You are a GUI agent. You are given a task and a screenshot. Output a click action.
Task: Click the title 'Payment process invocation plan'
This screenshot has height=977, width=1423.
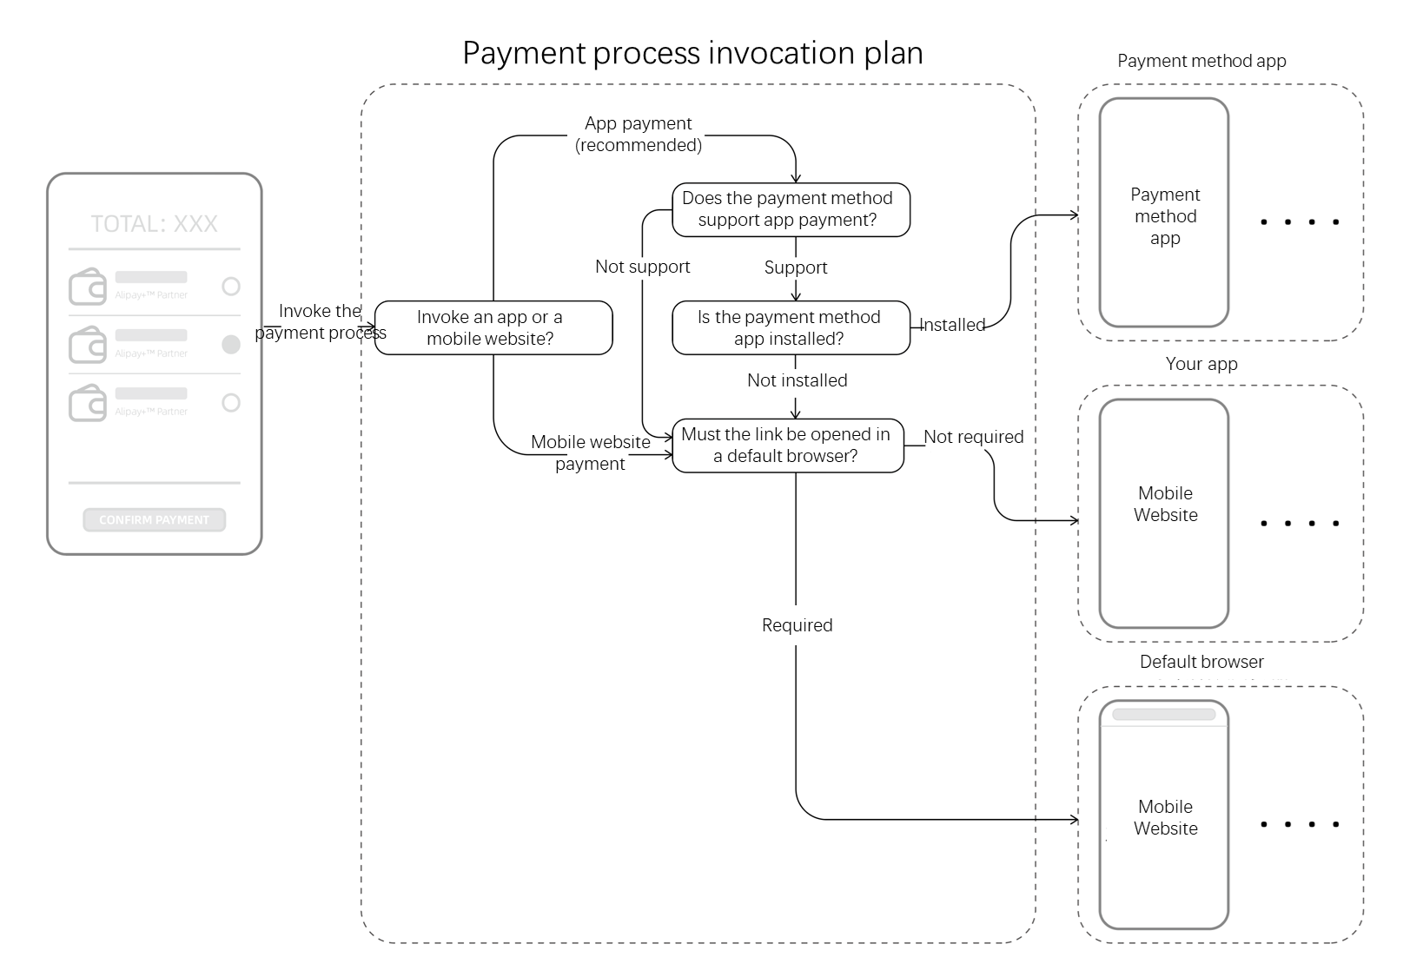tap(692, 53)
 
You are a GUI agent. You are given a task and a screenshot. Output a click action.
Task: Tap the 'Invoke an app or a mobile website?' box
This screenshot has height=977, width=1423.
tap(493, 328)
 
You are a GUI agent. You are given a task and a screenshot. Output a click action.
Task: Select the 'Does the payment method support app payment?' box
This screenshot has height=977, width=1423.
tap(790, 209)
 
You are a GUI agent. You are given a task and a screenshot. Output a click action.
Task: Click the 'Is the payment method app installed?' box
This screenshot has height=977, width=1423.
tap(790, 328)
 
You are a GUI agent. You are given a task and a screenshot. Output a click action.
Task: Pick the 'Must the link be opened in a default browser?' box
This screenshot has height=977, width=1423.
tap(787, 446)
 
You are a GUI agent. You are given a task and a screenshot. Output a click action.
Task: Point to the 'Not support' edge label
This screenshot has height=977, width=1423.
tap(642, 267)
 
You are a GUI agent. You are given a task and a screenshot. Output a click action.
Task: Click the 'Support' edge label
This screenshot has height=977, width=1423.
tap(795, 267)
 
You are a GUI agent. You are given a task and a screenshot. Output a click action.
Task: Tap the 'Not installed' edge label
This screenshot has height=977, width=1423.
tap(797, 380)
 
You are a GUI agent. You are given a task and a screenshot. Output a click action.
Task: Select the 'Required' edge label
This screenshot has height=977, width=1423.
tap(797, 625)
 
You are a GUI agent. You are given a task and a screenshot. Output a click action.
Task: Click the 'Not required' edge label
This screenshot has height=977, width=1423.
tap(973, 437)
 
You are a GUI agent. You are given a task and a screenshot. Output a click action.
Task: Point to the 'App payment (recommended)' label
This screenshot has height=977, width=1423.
tap(639, 135)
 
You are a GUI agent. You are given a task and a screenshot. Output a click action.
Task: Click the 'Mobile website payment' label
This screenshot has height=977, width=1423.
tap(591, 452)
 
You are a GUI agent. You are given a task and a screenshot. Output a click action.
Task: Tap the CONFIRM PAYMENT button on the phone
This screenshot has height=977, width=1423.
tap(154, 520)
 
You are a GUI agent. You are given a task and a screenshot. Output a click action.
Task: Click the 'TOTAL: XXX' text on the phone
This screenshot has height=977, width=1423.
tap(154, 224)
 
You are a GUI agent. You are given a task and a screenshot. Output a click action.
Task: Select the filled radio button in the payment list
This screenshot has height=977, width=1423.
tap(231, 345)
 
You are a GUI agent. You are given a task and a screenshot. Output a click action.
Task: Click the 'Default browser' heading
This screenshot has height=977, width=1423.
tap(1201, 662)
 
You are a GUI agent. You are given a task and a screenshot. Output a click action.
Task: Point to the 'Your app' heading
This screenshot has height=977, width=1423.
tap(1201, 364)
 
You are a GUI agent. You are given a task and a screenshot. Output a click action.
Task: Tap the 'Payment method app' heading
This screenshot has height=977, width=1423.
tap(1201, 61)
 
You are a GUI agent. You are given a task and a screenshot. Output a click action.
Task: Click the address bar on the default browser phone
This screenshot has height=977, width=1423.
tap(1163, 715)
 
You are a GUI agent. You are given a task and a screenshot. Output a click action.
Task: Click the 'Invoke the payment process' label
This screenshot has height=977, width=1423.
tap(320, 321)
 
